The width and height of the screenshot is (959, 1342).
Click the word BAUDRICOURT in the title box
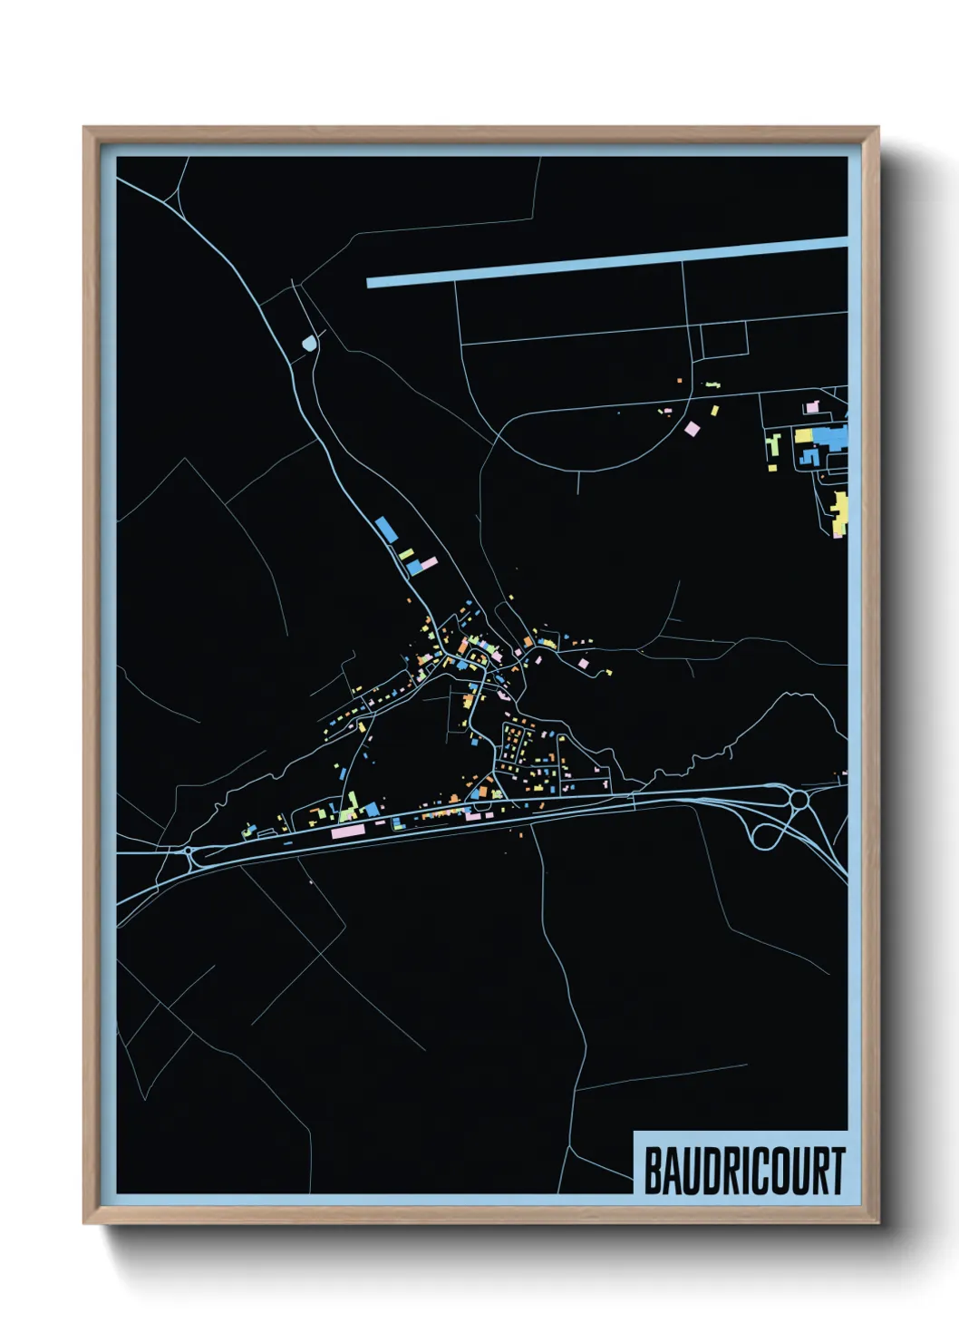(743, 1171)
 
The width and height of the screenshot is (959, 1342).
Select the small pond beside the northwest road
(310, 345)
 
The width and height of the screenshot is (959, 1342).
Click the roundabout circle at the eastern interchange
(799, 799)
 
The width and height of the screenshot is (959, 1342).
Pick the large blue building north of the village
(385, 529)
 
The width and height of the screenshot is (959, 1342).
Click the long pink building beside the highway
(347, 830)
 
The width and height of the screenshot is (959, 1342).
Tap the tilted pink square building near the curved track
(693, 428)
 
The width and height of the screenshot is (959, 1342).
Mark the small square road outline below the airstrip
(724, 339)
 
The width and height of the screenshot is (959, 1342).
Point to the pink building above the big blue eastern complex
(812, 407)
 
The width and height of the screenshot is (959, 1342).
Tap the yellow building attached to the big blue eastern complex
(803, 436)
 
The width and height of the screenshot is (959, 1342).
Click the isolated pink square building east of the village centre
(584, 665)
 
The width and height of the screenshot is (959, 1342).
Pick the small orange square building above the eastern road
(680, 381)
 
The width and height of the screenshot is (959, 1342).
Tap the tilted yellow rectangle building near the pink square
(714, 411)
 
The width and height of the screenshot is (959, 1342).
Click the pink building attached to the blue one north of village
(427, 564)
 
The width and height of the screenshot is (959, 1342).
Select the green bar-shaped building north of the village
(406, 553)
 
